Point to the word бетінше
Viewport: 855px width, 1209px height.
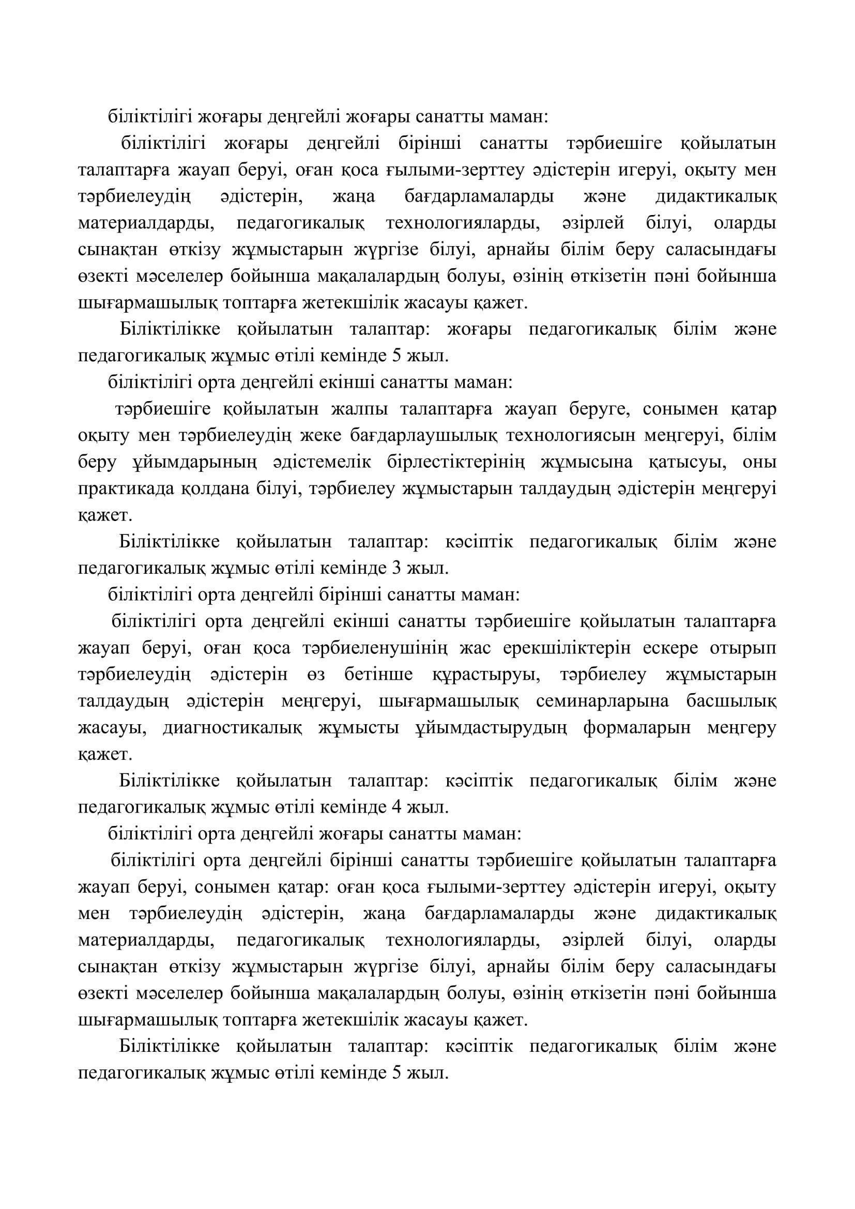(378, 675)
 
